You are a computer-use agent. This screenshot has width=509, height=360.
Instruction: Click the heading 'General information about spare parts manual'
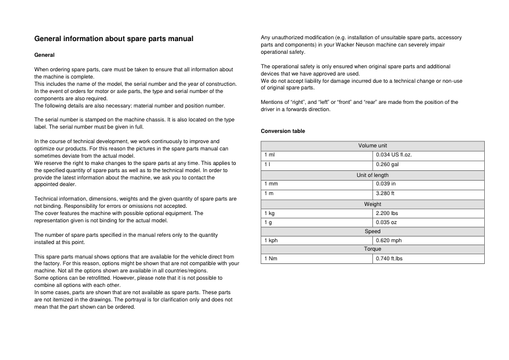click(x=114, y=39)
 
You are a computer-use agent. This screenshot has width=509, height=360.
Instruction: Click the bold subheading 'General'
click(x=45, y=55)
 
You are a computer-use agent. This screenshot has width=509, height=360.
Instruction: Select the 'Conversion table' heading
click(x=283, y=131)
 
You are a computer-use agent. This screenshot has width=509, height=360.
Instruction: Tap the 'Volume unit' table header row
click(x=372, y=146)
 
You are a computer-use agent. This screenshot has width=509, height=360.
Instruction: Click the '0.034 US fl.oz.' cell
click(x=394, y=155)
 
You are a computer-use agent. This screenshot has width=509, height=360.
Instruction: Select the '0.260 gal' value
click(x=387, y=164)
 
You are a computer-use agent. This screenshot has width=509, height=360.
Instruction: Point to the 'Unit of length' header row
click(x=372, y=175)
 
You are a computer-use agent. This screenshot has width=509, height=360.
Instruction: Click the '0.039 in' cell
click(x=386, y=183)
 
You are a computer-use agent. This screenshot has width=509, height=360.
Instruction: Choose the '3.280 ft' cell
click(x=385, y=193)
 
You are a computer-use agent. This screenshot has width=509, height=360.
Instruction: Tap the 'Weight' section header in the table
click(x=372, y=204)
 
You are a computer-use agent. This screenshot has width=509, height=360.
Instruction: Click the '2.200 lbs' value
click(x=387, y=213)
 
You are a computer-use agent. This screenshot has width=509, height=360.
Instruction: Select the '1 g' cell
click(x=267, y=222)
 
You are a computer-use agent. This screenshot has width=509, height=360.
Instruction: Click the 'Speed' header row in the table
click(x=372, y=231)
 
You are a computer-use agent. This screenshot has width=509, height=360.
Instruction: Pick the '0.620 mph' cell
click(x=389, y=240)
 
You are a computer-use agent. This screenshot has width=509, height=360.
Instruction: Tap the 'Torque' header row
click(x=372, y=249)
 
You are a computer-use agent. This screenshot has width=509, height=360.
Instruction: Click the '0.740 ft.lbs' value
click(x=389, y=259)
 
